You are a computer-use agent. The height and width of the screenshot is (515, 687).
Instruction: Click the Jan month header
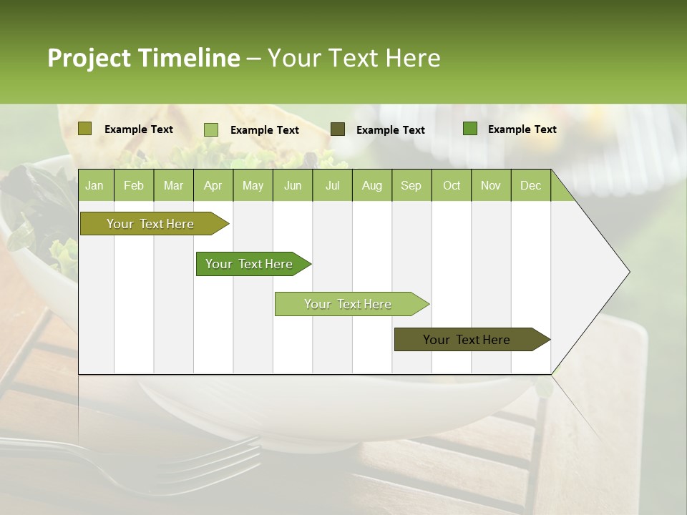coord(95,186)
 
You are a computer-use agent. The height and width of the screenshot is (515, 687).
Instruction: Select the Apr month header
coord(213,186)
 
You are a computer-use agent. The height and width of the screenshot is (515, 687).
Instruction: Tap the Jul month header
coord(332,186)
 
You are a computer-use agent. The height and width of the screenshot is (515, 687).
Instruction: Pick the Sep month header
coord(411,186)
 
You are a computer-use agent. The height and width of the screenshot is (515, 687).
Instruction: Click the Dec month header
coord(530,186)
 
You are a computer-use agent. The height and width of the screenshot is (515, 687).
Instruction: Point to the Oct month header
coord(452,186)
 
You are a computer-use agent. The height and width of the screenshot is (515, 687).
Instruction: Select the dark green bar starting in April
coord(250,264)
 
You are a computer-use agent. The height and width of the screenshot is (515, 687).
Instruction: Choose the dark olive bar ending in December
coord(467,340)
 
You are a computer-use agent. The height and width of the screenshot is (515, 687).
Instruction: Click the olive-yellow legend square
coord(84,129)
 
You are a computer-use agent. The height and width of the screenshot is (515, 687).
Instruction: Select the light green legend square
coord(210,129)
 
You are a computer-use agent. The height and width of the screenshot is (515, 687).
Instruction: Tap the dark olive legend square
coord(338,129)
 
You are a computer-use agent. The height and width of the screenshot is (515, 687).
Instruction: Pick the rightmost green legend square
coord(470,129)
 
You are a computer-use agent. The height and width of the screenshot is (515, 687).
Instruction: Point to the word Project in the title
coord(89,58)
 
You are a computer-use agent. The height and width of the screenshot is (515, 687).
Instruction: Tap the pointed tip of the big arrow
coord(628,272)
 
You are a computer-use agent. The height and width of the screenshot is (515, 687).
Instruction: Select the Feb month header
coord(134,186)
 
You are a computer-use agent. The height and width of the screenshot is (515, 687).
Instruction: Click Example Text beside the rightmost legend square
coord(522,129)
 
